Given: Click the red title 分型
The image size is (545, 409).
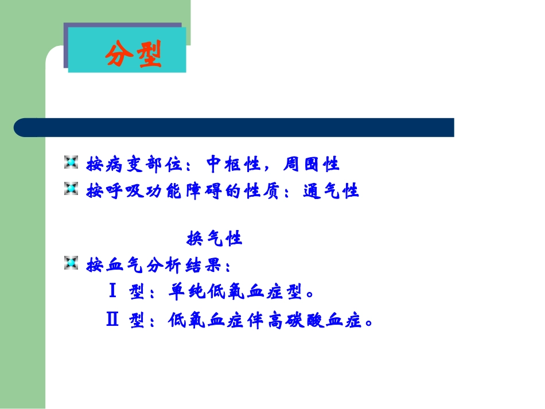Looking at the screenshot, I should (x=133, y=54).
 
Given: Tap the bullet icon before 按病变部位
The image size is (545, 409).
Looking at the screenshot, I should (x=71, y=163).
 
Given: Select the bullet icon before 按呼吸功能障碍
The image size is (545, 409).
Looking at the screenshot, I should (x=71, y=189).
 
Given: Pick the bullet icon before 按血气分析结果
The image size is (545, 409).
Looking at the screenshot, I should (x=71, y=263).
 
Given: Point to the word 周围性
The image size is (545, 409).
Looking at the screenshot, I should (x=312, y=165).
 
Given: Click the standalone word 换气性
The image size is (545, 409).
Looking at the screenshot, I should (x=215, y=238).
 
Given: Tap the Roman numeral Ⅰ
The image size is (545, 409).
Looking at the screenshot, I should (x=113, y=292).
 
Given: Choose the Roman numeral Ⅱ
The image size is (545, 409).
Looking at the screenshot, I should (x=112, y=320).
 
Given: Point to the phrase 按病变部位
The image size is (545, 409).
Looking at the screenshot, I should (x=133, y=165).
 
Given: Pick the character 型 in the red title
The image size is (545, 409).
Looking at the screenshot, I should (x=149, y=54).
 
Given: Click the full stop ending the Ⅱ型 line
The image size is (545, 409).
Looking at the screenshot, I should (x=369, y=323).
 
